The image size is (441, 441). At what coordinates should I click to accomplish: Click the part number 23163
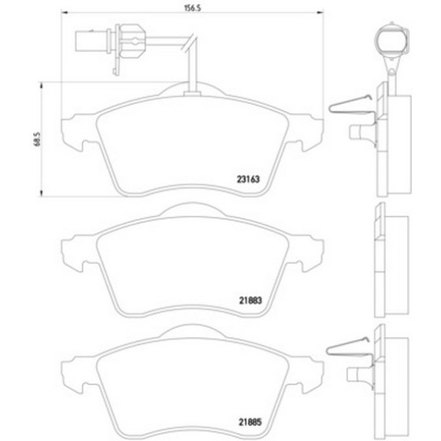coord(248,180)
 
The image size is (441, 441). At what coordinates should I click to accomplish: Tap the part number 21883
coord(250,301)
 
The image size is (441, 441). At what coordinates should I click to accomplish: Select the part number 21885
coord(250,422)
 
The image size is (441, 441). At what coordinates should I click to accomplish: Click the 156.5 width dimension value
coord(193,8)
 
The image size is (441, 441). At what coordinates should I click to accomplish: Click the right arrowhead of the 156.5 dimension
coord(320,13)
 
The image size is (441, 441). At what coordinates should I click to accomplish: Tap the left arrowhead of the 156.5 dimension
coord(65,13)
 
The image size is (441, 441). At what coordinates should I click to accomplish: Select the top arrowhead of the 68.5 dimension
coord(41,85)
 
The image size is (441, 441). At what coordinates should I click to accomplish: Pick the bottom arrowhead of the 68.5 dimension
coord(41,193)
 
